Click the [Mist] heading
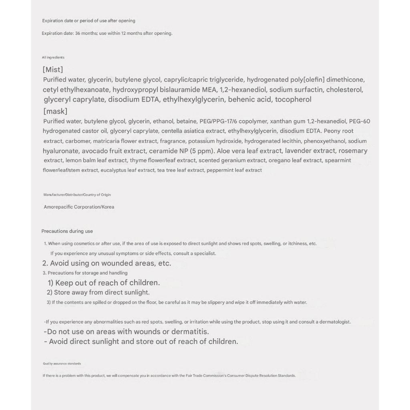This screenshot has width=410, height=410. [53, 70]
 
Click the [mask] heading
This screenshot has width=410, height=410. [55, 111]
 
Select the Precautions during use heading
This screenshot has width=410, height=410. [67, 231]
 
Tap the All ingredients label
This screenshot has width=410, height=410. [53, 58]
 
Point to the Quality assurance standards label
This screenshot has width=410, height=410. [62, 364]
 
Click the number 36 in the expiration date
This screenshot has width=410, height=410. [78, 33]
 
